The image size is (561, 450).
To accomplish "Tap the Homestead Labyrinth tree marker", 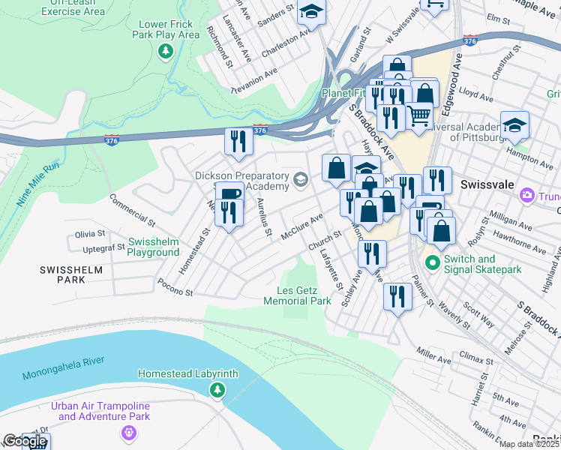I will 217,389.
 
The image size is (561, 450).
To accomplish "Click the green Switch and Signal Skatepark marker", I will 431,262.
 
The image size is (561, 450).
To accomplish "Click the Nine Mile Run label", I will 36,184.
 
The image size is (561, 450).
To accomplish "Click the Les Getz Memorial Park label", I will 297,295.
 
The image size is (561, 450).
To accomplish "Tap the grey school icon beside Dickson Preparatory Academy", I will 301,178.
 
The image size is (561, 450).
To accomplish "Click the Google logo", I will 25,442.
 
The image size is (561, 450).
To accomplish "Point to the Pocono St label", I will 175,287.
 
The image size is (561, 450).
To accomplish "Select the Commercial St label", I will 131,211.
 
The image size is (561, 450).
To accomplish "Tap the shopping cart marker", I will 418,115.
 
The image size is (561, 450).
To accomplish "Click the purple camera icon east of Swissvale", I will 527,196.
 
